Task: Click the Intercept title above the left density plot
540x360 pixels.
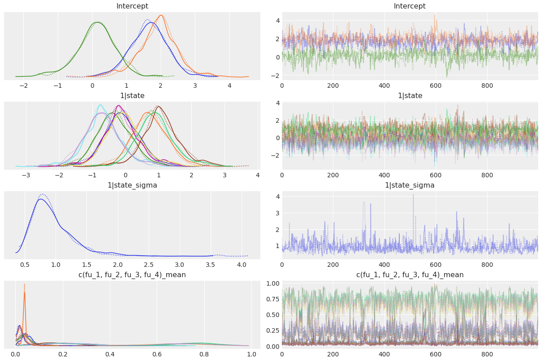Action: (132, 6)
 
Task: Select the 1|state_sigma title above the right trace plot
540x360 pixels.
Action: (410, 185)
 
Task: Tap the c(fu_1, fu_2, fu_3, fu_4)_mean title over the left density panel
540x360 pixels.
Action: (132, 275)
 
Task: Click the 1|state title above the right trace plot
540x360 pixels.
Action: (410, 96)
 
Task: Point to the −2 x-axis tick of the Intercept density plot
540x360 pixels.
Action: (24, 86)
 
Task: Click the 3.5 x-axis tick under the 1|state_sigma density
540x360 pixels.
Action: (211, 265)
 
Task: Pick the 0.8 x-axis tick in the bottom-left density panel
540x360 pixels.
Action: (204, 355)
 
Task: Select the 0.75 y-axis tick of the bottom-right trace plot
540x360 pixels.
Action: (272, 299)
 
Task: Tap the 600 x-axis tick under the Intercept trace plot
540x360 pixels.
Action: (436, 86)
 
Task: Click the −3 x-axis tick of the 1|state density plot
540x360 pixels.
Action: (26, 176)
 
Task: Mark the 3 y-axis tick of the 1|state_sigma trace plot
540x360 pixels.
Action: (278, 213)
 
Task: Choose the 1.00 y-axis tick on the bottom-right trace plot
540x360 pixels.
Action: (272, 283)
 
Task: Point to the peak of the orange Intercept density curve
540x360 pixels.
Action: (161, 15)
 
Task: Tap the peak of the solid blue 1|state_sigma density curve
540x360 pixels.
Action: (41, 199)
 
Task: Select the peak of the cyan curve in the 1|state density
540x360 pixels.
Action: (100, 105)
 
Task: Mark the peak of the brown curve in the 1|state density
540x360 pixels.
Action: (158, 106)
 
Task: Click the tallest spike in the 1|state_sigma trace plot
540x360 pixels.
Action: (413, 195)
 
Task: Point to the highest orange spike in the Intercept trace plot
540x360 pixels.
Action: (435, 15)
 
